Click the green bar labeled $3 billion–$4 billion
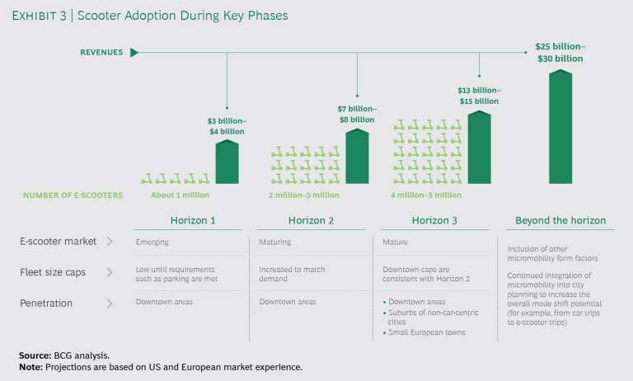tap(227, 162)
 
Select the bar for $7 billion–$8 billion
tap(357, 157)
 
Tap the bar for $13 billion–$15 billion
tap(479, 148)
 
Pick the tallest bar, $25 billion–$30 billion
tap(560, 127)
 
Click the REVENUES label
tap(101, 53)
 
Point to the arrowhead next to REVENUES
tap(134, 53)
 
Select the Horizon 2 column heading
tap(312, 220)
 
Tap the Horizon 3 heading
tap(435, 220)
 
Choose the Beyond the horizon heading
tap(560, 220)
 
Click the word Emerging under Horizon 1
tap(152, 242)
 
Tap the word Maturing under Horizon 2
tap(276, 242)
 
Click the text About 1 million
tap(180, 195)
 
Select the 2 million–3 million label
tap(303, 195)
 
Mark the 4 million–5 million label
tap(425, 195)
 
